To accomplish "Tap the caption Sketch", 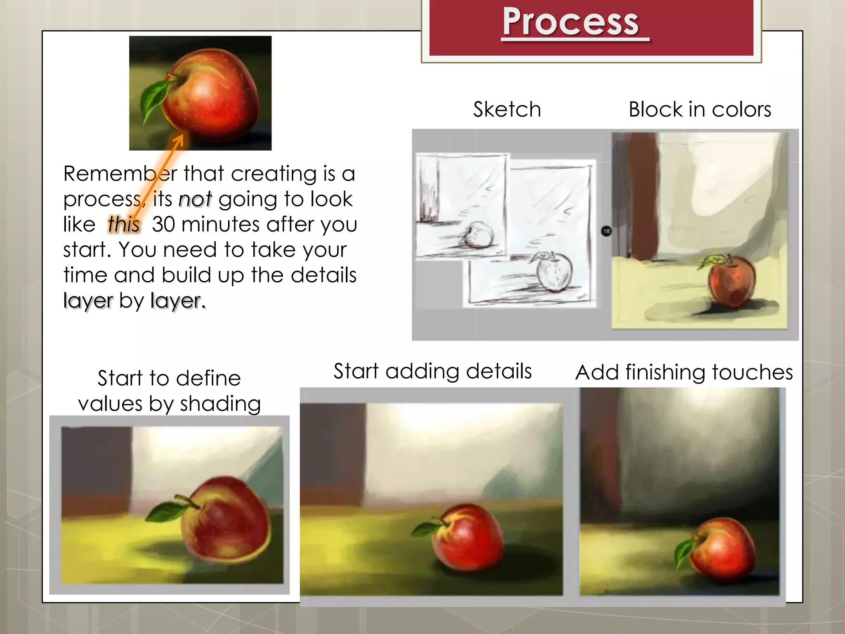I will coord(507,109).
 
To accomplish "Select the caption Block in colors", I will coord(700,109).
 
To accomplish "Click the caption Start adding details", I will coord(432,371).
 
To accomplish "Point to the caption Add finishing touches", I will coord(684,372).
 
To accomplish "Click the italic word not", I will coord(195,199).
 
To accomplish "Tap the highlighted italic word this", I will coord(124,225).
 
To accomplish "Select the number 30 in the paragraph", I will coord(164,225).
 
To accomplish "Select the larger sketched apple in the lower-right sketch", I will coord(554,272).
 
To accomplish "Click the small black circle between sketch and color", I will coord(606,231).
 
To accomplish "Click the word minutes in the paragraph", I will coord(220,225).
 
